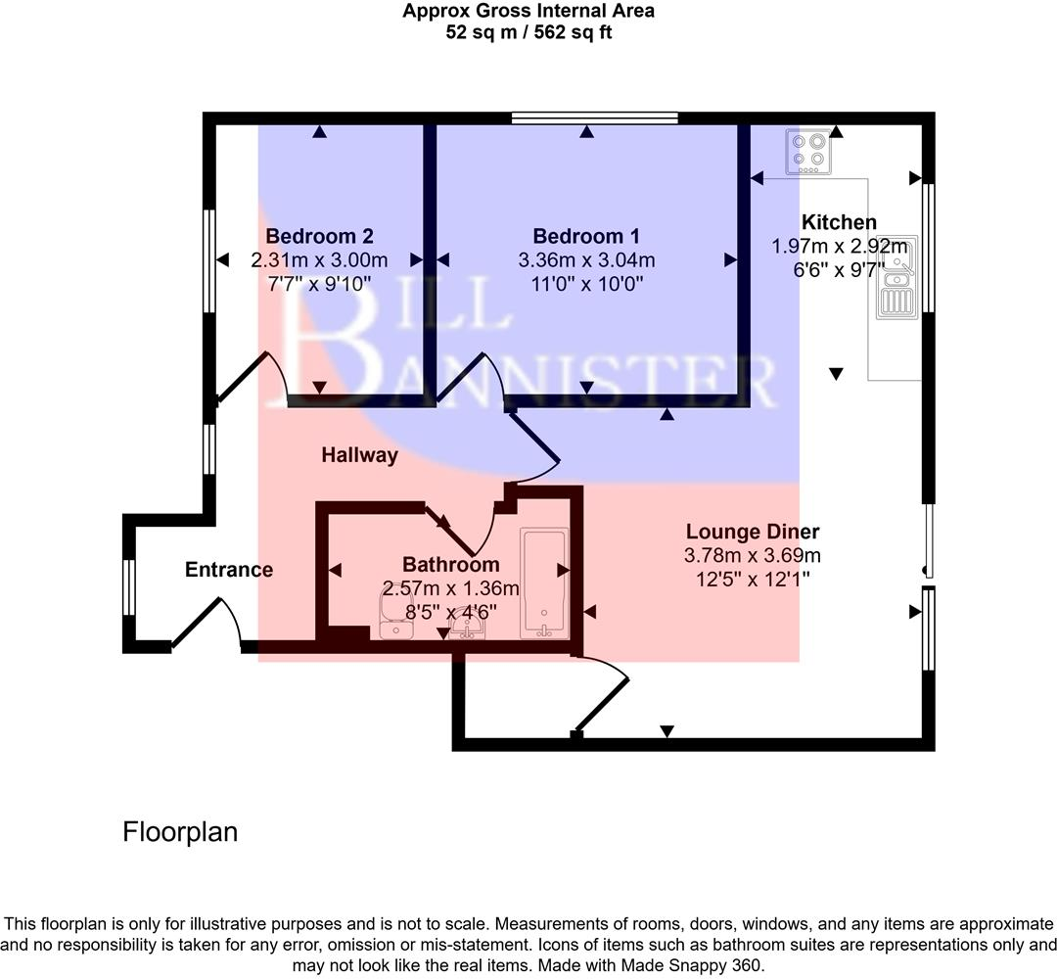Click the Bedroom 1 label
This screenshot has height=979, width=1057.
click(x=585, y=236)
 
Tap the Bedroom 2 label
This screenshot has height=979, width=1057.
click(x=319, y=236)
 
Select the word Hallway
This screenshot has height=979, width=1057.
click(x=359, y=455)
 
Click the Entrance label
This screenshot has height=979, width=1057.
click(x=229, y=570)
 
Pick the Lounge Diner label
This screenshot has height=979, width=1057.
click(x=752, y=532)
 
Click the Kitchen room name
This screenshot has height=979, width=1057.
click(x=839, y=222)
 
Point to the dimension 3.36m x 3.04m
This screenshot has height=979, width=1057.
click(x=585, y=260)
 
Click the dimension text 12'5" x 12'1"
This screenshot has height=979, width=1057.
click(x=752, y=580)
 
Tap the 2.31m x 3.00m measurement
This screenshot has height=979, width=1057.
click(x=319, y=260)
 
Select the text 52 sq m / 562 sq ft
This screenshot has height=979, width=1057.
click(x=528, y=31)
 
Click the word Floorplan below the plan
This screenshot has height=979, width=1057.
click(x=180, y=832)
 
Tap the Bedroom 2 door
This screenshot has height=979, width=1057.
click(x=251, y=377)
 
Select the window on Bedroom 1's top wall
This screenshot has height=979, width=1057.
click(x=595, y=118)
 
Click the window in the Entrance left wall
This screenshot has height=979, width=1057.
click(x=129, y=585)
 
